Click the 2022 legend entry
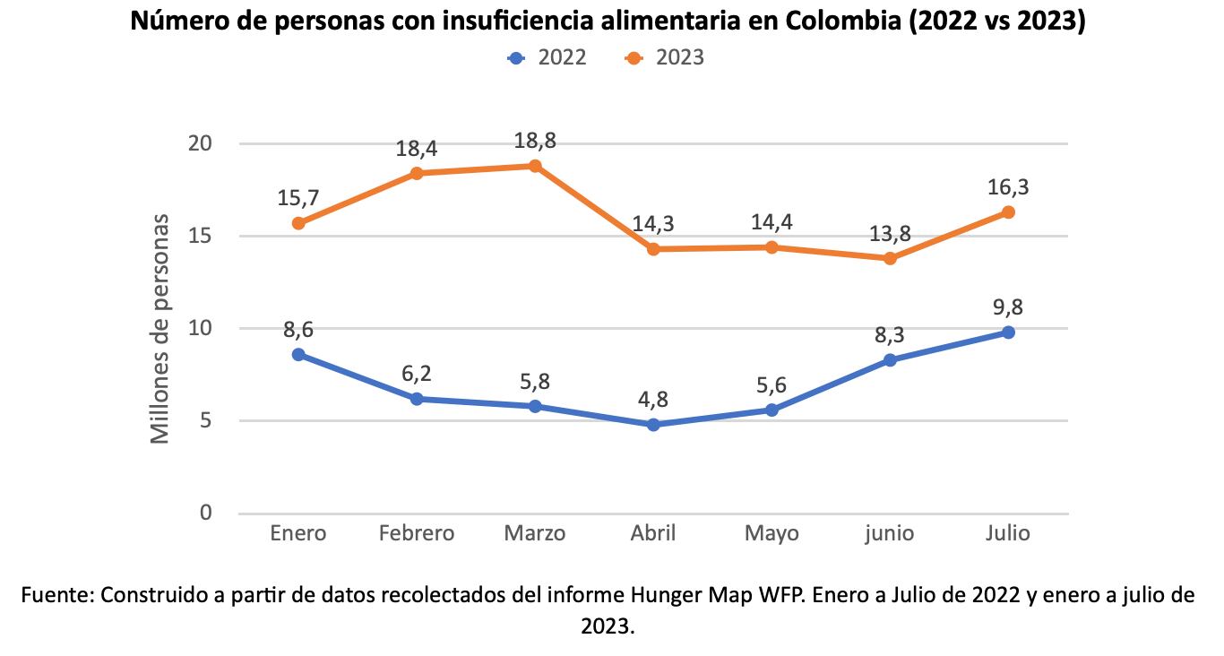tap(547, 58)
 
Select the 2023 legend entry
tap(666, 58)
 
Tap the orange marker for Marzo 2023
tap(535, 166)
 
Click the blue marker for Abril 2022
tap(653, 425)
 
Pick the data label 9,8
tap(1008, 307)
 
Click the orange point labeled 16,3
tap(1008, 212)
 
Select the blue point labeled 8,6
tap(298, 355)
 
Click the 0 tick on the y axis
tap(206, 513)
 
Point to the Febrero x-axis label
tap(417, 534)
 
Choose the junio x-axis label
tap(889, 534)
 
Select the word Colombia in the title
tap(840, 21)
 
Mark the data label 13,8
tap(890, 234)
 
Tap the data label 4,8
tap(653, 400)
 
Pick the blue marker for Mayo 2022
tap(771, 410)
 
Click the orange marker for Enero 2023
tap(298, 223)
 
